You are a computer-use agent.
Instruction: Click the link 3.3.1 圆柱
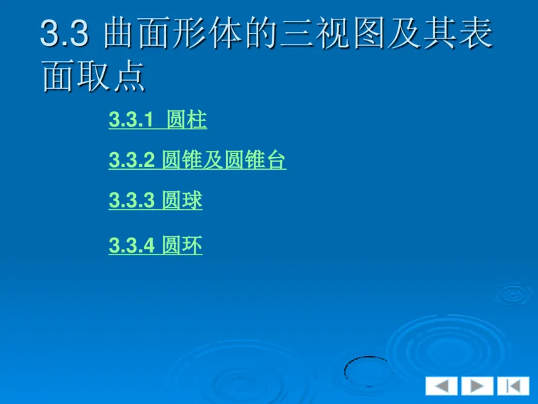tap(157, 121)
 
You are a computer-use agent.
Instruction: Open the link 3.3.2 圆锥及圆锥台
tap(197, 161)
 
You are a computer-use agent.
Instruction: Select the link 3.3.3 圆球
tap(155, 201)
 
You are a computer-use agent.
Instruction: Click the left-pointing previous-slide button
tap(441, 386)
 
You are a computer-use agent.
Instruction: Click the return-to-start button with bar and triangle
tap(513, 386)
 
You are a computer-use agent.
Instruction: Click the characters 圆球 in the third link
tap(182, 201)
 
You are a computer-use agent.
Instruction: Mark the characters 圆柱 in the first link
tap(187, 121)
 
